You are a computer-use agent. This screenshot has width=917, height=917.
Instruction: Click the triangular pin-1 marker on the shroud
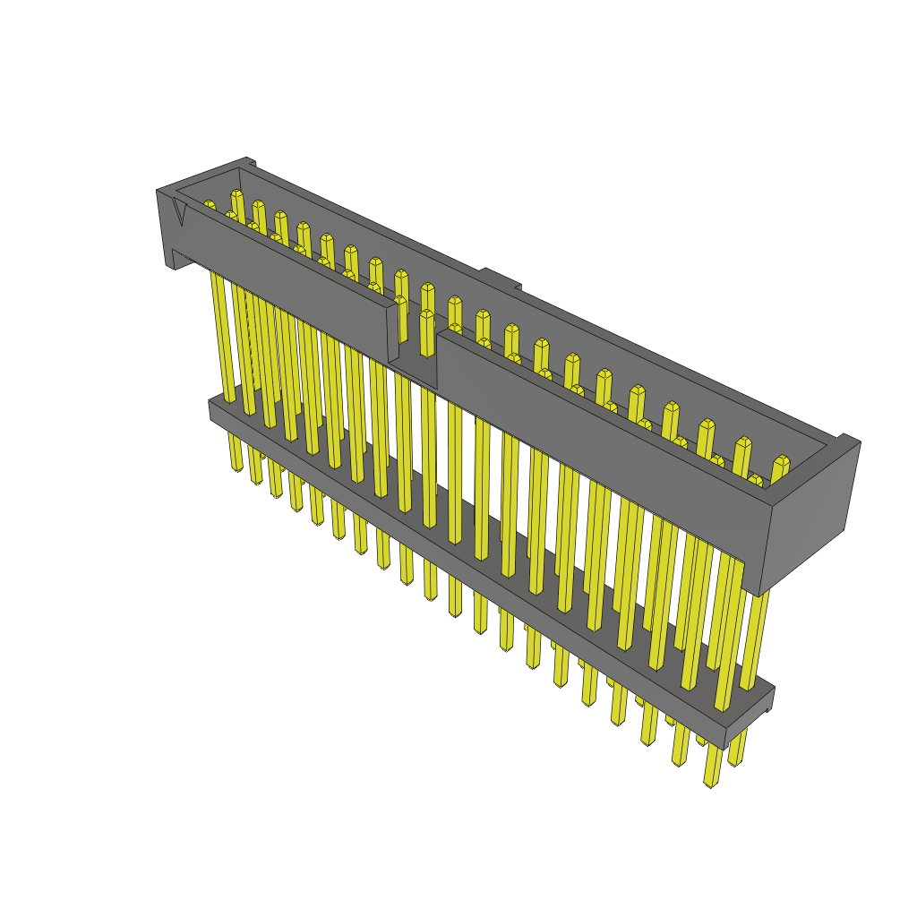[x=180, y=213]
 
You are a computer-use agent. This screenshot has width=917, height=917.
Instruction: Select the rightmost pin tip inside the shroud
[x=781, y=461]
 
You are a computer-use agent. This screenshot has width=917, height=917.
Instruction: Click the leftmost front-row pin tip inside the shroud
[x=209, y=206]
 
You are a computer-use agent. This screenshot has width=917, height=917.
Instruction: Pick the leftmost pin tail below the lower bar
[x=235, y=452]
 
